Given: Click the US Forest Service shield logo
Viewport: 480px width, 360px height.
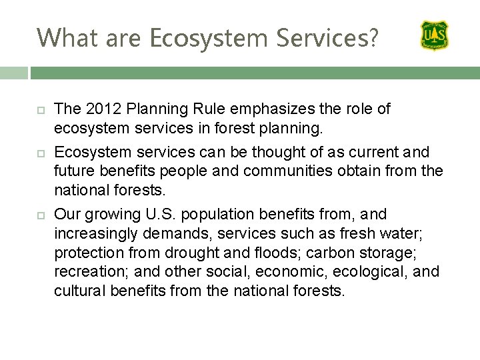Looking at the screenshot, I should [434, 35].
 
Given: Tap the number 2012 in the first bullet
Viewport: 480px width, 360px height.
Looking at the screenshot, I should [100, 109].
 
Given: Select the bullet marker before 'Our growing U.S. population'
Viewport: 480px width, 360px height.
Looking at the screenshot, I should [39, 215].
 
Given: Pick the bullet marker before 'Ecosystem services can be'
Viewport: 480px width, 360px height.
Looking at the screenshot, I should [39, 153].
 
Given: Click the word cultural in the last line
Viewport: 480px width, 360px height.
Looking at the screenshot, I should [79, 291].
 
